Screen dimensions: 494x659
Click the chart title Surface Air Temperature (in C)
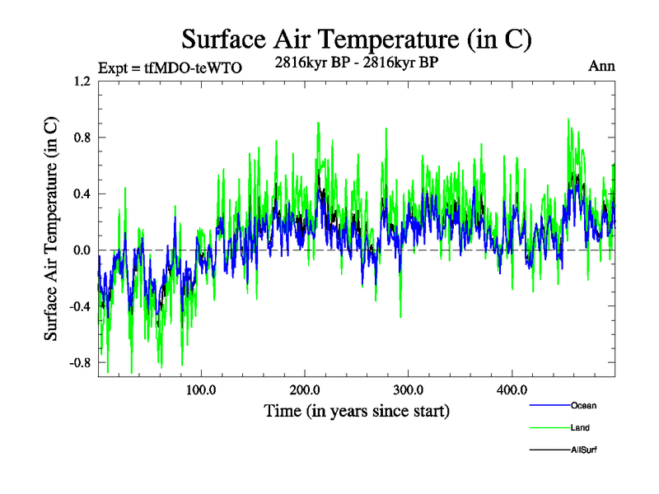356,39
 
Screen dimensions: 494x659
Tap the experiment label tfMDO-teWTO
170,68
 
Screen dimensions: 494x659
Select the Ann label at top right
601,67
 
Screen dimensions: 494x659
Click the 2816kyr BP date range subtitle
356,63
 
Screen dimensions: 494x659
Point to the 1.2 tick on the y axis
82,82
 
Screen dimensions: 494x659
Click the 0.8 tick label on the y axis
82,137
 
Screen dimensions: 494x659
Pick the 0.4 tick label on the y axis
82,194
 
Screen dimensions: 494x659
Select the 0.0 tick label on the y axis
82,250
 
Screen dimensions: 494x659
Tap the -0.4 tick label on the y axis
80,306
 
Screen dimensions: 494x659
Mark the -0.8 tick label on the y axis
80,362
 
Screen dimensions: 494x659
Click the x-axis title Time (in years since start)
357,410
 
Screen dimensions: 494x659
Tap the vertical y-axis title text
51,229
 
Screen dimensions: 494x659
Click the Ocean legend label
583,405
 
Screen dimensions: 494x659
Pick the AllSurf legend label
584,450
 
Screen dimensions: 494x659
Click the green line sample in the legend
549,427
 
